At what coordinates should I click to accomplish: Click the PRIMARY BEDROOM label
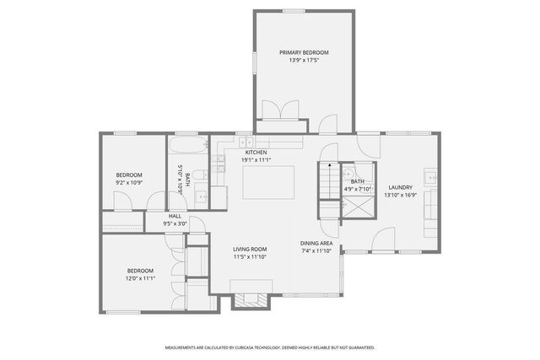pos(304,52)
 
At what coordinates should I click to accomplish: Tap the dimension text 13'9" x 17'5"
pos(304,61)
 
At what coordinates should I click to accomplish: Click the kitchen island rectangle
pos(269,181)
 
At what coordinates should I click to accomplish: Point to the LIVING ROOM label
pos(250,249)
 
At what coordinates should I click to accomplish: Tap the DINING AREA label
pos(317,244)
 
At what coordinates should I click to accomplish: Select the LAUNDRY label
pos(400,187)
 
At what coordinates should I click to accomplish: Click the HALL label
pos(175,216)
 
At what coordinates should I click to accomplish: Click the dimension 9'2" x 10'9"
pos(129,182)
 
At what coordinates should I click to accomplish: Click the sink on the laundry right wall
pos(431,178)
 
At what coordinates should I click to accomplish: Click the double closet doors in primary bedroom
pos(278,111)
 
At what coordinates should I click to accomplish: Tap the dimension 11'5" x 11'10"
pos(250,257)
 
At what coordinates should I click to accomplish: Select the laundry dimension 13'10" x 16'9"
pos(400,195)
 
